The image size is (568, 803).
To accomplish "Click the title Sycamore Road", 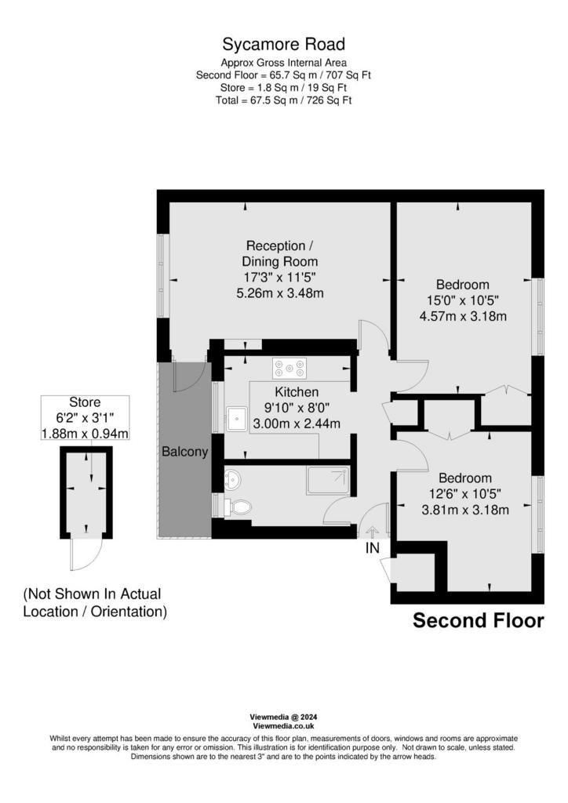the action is [283, 45].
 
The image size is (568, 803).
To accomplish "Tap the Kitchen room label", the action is [297, 392].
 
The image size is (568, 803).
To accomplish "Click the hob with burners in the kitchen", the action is [289, 368].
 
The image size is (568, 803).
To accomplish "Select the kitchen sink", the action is [236, 420].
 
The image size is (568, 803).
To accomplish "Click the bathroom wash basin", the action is [232, 480].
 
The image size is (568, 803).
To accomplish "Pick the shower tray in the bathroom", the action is [328, 481].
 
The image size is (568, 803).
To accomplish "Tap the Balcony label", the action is [185, 452].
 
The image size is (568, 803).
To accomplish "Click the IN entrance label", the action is [373, 548].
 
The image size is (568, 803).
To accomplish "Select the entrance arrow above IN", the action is [373, 532].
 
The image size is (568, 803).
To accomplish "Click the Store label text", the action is [85, 402].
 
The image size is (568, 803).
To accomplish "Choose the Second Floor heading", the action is [479, 620].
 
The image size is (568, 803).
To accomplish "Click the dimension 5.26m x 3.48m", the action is [279, 293].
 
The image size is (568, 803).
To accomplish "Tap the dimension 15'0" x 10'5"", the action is [463, 300].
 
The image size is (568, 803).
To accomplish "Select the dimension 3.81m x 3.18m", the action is [465, 510].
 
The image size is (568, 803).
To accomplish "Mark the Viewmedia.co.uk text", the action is [283, 726].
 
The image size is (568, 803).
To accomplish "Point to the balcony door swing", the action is [190, 377].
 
